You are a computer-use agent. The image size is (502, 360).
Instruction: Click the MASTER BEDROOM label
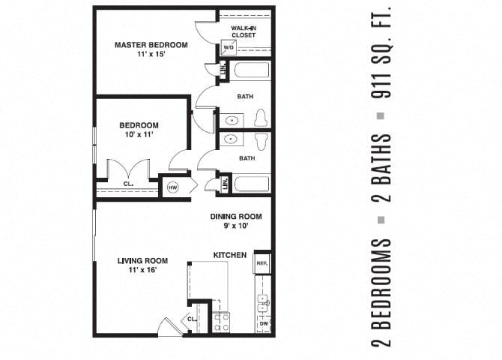click(151, 45)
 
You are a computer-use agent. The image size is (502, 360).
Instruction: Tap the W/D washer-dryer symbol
click(229, 46)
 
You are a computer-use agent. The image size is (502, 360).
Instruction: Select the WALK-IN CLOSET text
click(243, 31)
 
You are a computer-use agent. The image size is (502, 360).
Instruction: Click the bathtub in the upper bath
click(250, 72)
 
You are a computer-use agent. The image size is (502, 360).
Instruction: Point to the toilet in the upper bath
click(261, 118)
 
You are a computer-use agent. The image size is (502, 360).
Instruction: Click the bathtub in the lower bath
click(250, 184)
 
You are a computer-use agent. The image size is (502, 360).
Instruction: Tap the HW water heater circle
click(173, 187)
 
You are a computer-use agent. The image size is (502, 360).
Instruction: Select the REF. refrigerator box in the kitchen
click(262, 263)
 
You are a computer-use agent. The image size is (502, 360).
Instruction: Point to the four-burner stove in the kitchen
click(222, 322)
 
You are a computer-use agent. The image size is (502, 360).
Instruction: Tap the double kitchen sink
click(262, 302)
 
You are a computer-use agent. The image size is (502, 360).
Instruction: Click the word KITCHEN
click(230, 255)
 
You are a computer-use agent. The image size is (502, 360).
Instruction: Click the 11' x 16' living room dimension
click(142, 271)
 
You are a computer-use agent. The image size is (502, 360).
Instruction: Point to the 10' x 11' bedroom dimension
click(139, 135)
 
